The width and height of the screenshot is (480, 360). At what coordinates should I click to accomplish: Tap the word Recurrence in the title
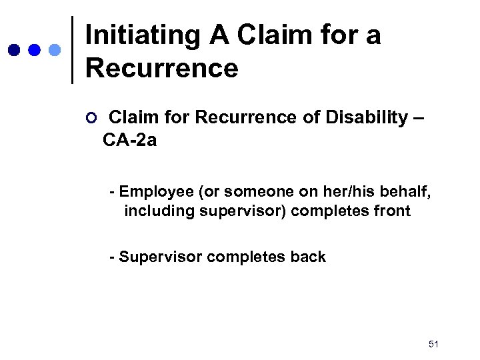[162, 68]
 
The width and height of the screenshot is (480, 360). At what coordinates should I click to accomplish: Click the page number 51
[434, 344]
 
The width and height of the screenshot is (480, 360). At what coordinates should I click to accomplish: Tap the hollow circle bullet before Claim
[91, 119]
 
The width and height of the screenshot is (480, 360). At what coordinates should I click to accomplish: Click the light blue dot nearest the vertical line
[55, 50]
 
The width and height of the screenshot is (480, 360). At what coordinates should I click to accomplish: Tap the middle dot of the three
[34, 50]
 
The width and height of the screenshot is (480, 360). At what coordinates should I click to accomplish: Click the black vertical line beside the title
[72, 50]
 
